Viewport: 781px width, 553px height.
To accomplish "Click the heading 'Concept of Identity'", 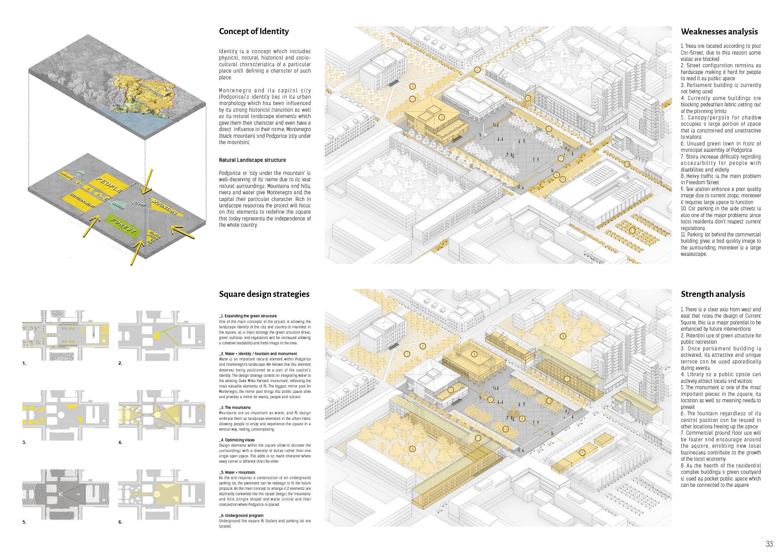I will pos(254,31).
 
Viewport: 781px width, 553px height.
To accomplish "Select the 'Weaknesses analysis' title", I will pos(719,32).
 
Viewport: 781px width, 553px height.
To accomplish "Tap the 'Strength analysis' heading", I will pos(713,294).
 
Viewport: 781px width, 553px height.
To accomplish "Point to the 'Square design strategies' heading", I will pos(264,294).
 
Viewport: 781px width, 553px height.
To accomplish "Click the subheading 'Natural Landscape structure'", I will pos(252,160).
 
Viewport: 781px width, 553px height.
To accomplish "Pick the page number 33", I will pos(769,543).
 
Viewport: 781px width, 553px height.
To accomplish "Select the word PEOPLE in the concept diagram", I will pos(110,184).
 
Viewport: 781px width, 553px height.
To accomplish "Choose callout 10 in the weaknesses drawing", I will pos(627,164).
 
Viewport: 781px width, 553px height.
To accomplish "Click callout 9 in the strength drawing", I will pos(582,453).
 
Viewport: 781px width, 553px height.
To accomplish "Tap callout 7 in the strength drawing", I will pos(567,379).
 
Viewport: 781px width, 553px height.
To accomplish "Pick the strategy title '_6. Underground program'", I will pos(241,516).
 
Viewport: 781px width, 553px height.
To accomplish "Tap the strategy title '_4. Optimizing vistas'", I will pos(237,440).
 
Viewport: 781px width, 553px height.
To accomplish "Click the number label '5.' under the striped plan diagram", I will pos(24,522).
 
